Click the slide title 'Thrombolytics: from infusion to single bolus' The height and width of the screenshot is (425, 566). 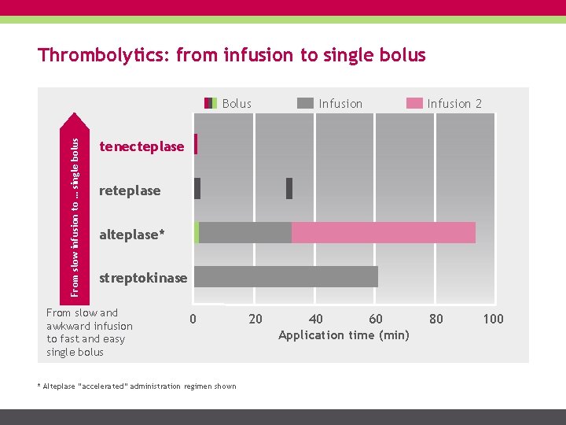pos(232,56)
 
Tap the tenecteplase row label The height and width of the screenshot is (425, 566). pos(141,146)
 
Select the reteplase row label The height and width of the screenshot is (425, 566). pos(130,190)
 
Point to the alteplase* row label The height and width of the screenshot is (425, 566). pos(133,235)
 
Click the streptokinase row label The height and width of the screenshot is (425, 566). pos(143,278)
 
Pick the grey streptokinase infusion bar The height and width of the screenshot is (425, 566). pos(286,277)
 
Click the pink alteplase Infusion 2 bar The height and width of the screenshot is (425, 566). pos(384,233)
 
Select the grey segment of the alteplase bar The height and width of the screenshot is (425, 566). pos(245,233)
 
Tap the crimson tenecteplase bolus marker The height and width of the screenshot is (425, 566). pos(195,144)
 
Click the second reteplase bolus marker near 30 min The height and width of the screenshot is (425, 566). pos(289,189)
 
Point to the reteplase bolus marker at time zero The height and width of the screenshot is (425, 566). pos(197,189)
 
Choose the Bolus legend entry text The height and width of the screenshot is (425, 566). pos(237,104)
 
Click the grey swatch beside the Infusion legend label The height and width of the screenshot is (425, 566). pos(305,103)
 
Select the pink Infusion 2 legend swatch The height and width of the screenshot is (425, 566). pos(414,103)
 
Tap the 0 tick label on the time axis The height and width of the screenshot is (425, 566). pos(193,319)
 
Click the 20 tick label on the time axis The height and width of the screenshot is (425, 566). pos(255,319)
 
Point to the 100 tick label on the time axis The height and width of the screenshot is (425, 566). pos(493,319)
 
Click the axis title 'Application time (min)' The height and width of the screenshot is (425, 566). pos(344,335)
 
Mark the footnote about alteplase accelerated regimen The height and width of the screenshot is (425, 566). pos(137,386)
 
